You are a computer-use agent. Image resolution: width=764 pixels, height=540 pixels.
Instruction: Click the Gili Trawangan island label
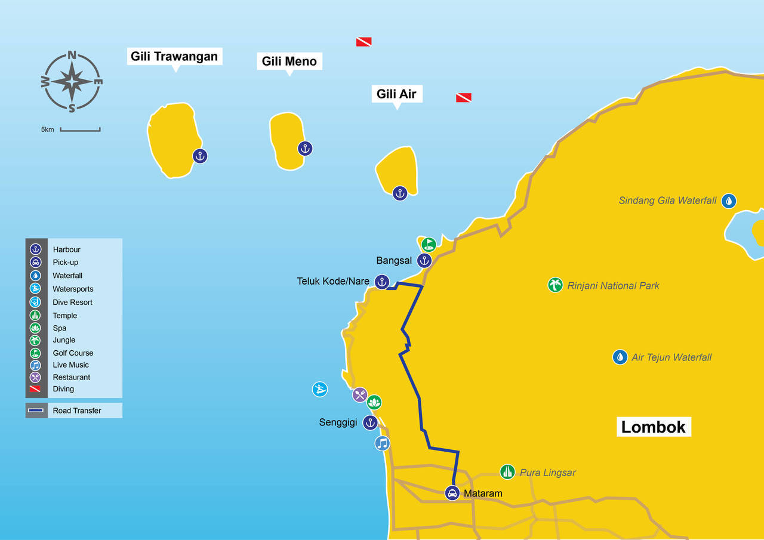pyautogui.click(x=175, y=57)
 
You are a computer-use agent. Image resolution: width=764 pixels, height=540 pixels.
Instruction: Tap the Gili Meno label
pyautogui.click(x=289, y=61)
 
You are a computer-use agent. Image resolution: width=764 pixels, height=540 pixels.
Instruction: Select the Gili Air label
pyautogui.click(x=396, y=94)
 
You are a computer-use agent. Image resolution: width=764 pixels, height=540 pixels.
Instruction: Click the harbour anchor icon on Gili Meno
pyautogui.click(x=305, y=149)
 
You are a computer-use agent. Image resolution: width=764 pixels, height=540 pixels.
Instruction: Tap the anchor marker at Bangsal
pyautogui.click(x=424, y=260)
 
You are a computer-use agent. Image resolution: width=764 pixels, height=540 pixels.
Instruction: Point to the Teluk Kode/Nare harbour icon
pyautogui.click(x=382, y=282)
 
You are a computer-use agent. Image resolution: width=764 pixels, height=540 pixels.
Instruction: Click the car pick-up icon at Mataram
pyautogui.click(x=452, y=493)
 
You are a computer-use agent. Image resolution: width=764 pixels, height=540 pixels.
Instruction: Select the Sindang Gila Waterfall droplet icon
pyautogui.click(x=728, y=200)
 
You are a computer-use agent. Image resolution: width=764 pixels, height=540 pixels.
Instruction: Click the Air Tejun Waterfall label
pyautogui.click(x=671, y=357)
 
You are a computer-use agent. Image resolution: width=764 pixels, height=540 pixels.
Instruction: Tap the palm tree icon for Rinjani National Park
pyautogui.click(x=555, y=285)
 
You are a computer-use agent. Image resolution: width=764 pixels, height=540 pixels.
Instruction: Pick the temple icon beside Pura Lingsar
pyautogui.click(x=507, y=472)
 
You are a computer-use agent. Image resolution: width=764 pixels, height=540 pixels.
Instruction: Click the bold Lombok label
pyautogui.click(x=654, y=427)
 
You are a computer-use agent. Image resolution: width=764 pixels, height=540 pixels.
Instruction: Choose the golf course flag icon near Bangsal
pyautogui.click(x=429, y=244)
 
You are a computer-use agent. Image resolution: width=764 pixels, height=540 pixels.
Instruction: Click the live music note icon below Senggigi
pyautogui.click(x=382, y=443)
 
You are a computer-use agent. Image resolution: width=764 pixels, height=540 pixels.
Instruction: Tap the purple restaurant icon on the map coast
pyautogui.click(x=359, y=394)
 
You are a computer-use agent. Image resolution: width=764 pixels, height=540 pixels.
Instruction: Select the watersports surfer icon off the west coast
pyautogui.click(x=320, y=389)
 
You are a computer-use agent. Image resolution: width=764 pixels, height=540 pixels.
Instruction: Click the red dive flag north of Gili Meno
pyautogui.click(x=363, y=42)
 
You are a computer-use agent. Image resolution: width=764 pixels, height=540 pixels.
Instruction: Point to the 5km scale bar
pyautogui.click(x=80, y=129)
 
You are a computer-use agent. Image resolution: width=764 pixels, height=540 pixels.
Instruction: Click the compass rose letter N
pyautogui.click(x=72, y=55)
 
